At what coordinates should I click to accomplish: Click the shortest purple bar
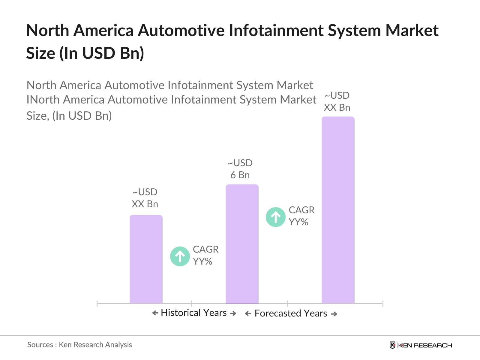[146, 259]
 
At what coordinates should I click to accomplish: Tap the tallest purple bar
[338, 210]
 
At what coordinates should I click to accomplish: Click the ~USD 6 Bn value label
[240, 169]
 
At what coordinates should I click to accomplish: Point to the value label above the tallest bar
[337, 101]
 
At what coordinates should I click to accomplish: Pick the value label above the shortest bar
[145, 198]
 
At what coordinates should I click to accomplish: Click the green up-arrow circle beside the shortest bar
[180, 256]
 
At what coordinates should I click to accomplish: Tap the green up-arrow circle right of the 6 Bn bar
[276, 217]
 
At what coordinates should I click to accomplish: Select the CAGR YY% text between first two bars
[205, 255]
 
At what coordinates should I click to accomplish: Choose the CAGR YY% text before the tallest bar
[301, 216]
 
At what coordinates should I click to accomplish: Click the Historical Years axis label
[193, 313]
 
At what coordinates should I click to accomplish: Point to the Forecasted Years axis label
[291, 313]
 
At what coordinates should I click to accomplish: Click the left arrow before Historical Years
[155, 313]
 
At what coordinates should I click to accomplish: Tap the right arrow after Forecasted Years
[334, 314]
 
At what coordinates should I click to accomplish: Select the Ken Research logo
[421, 345]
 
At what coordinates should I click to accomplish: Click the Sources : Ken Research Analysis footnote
[79, 345]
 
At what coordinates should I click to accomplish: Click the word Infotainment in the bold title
[276, 30]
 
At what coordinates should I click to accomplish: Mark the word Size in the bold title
[41, 53]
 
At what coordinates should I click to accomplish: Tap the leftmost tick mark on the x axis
[97, 304]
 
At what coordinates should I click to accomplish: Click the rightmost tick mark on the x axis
[383, 304]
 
